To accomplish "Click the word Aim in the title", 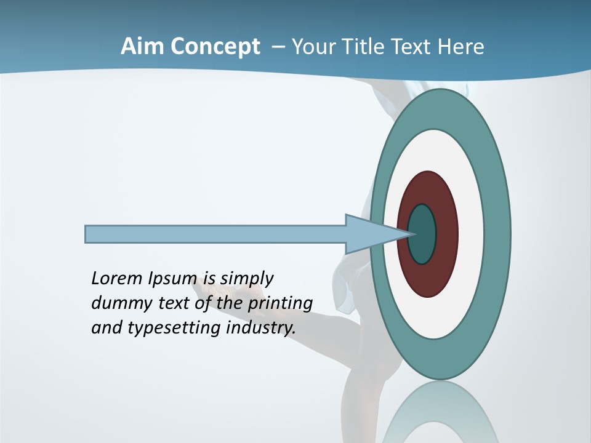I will click(x=142, y=47).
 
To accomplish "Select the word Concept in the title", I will click(x=214, y=47).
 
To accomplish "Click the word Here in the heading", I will click(x=461, y=47).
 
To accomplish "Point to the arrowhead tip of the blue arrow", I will click(x=411, y=234).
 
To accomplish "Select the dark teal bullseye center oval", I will click(x=422, y=234).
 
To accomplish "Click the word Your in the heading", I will click(x=312, y=47).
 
